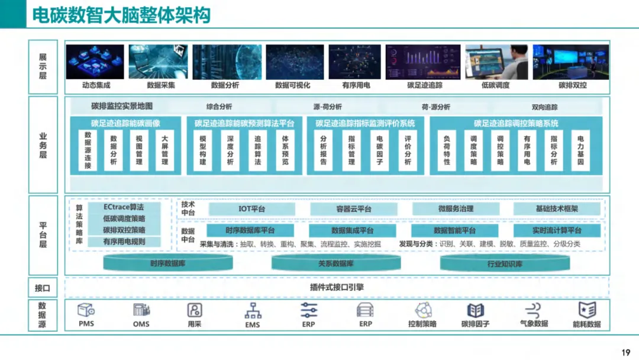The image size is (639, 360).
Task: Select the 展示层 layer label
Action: coord(43,66)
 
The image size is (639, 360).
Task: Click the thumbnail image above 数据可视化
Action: coord(294,62)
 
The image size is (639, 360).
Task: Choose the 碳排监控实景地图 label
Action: coord(122,107)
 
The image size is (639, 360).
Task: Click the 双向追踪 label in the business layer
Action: coord(544,107)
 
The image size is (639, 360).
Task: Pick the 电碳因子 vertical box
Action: coord(380,151)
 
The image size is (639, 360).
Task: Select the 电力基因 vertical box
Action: coord(580,151)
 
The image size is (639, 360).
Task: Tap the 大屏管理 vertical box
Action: coord(165,151)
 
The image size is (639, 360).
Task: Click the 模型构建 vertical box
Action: coord(203,151)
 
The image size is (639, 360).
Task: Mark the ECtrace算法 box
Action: coord(124,207)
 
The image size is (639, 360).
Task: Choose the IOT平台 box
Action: coord(251,209)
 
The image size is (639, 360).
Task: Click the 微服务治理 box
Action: coord(455,209)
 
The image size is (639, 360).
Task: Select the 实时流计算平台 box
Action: coord(557,230)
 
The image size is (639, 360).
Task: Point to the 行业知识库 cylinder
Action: coord(504,263)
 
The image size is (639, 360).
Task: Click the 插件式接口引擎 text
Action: coord(337,287)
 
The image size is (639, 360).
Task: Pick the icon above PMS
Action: coord(86,310)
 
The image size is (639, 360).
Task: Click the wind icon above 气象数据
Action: coord(532,310)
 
